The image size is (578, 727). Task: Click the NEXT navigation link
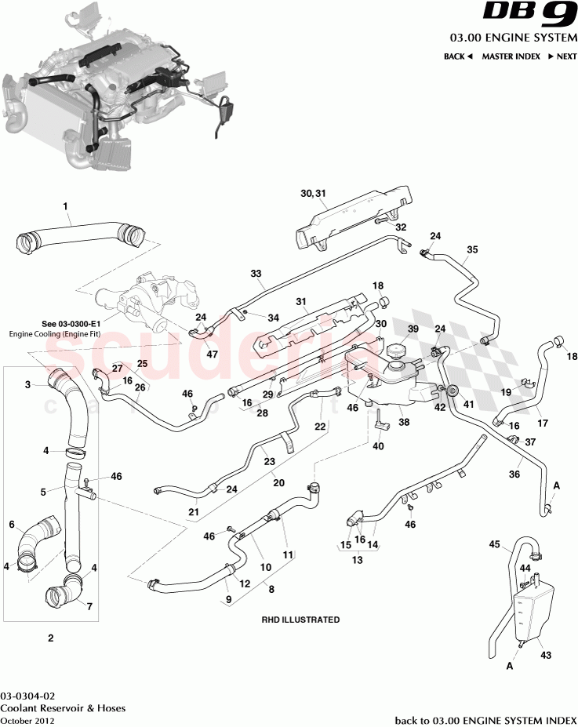coord(562,56)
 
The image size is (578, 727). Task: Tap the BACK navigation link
coord(458,56)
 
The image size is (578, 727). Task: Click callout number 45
coord(494,543)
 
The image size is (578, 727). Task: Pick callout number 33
coord(256,274)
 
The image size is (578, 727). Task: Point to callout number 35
coord(472,250)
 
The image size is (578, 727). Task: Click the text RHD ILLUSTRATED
coord(300,620)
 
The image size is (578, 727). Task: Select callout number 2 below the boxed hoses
coord(50,638)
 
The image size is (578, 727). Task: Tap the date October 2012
coord(25,719)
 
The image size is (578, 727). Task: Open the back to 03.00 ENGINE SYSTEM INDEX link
coord(484,719)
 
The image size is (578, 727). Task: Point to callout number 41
coord(468,404)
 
